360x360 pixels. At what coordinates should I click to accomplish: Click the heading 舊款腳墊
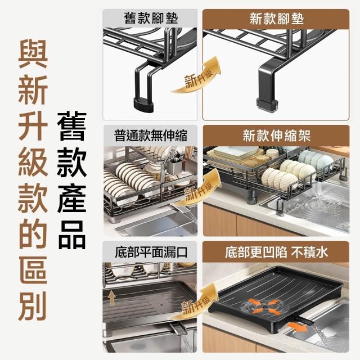point(151,18)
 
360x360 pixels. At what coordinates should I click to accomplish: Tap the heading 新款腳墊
point(276,19)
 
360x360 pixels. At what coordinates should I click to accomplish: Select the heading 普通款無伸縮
point(151,136)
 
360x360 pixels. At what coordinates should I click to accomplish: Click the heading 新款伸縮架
point(276,136)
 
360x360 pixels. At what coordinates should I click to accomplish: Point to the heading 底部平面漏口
point(151,252)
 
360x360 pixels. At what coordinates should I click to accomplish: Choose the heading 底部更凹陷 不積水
point(276,253)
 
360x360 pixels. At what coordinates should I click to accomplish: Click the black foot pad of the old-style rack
point(143,105)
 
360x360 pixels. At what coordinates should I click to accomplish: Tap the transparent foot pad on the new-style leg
point(268,106)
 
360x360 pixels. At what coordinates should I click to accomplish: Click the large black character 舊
point(72,126)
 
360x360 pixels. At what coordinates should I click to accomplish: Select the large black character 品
point(72,235)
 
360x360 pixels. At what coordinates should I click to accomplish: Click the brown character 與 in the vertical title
point(33,54)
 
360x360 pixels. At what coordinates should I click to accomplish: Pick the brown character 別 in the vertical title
point(33,306)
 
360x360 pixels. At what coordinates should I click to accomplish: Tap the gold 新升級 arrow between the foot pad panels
point(197,75)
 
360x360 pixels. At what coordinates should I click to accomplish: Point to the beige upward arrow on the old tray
point(112,298)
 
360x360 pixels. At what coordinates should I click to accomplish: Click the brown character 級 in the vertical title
point(33,162)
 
